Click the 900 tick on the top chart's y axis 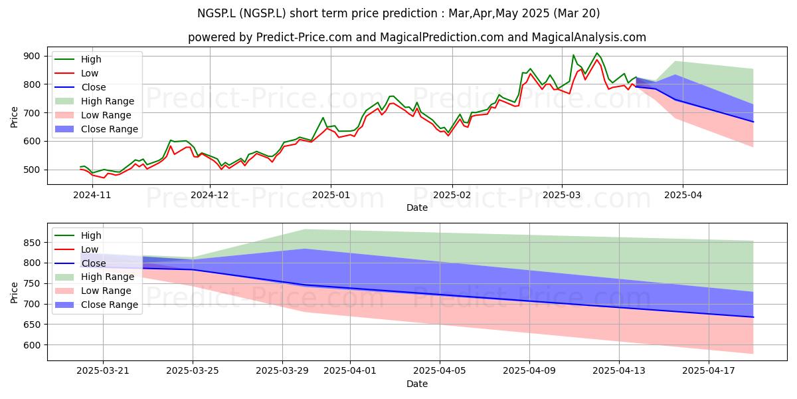pyautogui.click(x=32, y=57)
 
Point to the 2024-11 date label pyautogui.click(x=92, y=196)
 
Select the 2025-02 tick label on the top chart pyautogui.click(x=452, y=196)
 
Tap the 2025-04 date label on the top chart pyautogui.click(x=683, y=196)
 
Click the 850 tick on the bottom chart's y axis pyautogui.click(x=32, y=243)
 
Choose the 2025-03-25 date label pyautogui.click(x=193, y=371)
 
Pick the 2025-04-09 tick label pyautogui.click(x=529, y=371)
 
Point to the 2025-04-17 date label pyautogui.click(x=709, y=371)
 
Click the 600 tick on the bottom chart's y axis pyautogui.click(x=32, y=345)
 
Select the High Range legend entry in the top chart pyautogui.click(x=94, y=101)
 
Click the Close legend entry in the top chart pyautogui.click(x=80, y=87)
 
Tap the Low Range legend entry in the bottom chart pyautogui.click(x=93, y=291)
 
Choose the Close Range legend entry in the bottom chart pyautogui.click(x=96, y=305)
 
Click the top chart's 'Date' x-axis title pyautogui.click(x=417, y=207)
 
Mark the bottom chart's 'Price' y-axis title pyautogui.click(x=14, y=293)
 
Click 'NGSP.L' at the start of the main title pyautogui.click(x=217, y=13)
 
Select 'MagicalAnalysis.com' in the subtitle pyautogui.click(x=589, y=37)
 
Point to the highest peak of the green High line pyautogui.click(x=597, y=53)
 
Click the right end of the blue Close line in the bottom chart pyautogui.click(x=753, y=317)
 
